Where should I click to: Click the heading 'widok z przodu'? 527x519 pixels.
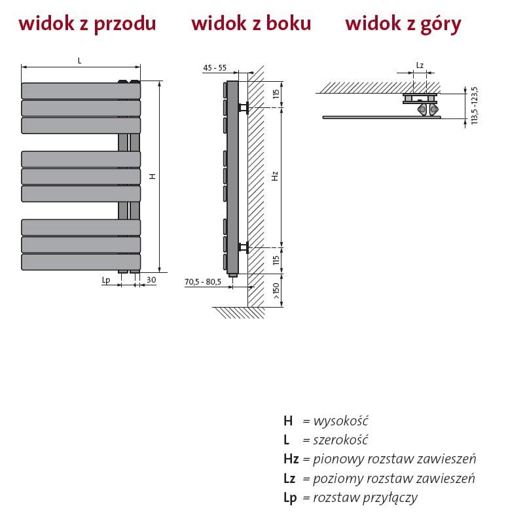point(87,24)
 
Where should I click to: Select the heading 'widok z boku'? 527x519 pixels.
point(251,24)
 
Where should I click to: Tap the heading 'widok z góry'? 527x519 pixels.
point(403,24)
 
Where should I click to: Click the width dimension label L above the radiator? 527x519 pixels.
point(79,60)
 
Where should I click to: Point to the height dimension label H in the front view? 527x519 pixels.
point(152,176)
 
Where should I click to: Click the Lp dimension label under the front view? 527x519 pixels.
point(106,279)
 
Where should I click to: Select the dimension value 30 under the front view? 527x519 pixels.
point(151,279)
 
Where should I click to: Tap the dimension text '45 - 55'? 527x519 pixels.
point(215,68)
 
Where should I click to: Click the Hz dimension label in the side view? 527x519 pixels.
point(276,176)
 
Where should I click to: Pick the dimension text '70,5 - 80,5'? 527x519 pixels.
point(203,282)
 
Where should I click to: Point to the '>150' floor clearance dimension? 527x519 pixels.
point(276,290)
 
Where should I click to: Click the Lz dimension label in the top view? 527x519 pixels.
point(420,65)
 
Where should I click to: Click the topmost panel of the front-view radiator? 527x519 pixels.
point(81,90)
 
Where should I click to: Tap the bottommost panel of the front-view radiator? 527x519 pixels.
point(81,262)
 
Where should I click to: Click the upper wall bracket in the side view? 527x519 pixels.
point(244,107)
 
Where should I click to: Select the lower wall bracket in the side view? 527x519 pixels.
point(244,247)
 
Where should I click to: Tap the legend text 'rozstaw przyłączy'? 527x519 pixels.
point(365,497)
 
